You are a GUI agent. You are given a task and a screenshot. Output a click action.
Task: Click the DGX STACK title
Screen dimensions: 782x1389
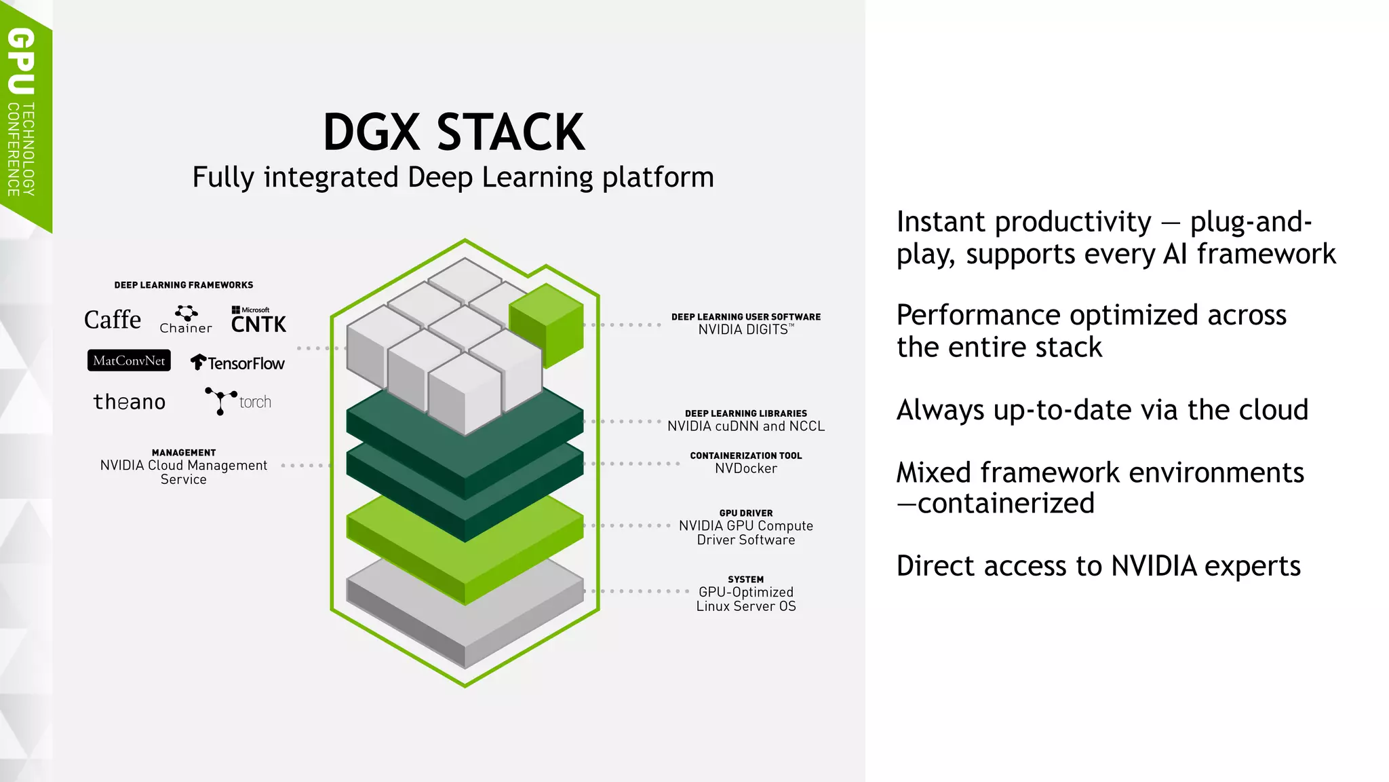(x=453, y=132)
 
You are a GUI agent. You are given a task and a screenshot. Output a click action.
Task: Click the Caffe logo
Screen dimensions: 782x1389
(x=113, y=320)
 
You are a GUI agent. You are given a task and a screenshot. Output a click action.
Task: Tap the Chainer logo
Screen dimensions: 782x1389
(x=186, y=320)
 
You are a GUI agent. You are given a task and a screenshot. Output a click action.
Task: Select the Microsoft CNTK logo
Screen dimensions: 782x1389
(x=258, y=320)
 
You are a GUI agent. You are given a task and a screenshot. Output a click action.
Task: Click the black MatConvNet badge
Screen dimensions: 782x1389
(x=129, y=360)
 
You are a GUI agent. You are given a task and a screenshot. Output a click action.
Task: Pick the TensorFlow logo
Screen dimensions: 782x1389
(x=237, y=363)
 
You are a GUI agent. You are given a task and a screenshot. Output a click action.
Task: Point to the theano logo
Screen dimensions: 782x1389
(x=129, y=402)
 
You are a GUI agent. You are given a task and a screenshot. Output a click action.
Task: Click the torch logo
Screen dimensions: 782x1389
(x=238, y=401)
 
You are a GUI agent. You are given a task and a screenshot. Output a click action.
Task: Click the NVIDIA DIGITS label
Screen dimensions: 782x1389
(x=745, y=329)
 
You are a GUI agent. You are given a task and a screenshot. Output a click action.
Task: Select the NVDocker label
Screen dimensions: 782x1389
(x=745, y=468)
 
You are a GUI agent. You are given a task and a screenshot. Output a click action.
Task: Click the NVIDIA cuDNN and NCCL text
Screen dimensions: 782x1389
(x=745, y=426)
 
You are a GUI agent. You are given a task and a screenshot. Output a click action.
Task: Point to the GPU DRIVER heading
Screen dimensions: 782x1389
(x=745, y=513)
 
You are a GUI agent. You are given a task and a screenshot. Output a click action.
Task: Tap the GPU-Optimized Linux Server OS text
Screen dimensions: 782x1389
(x=745, y=599)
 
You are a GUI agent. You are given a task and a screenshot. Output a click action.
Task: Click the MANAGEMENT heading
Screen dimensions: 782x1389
(x=184, y=453)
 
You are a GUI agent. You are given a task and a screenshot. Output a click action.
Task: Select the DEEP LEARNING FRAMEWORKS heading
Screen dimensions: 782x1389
(x=184, y=285)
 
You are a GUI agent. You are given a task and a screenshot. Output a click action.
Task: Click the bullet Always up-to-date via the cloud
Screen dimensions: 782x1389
(x=1101, y=410)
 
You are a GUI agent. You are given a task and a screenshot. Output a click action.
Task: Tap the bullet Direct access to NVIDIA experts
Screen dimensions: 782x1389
(x=1098, y=566)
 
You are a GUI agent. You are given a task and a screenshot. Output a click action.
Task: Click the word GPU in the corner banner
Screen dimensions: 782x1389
(x=22, y=61)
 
